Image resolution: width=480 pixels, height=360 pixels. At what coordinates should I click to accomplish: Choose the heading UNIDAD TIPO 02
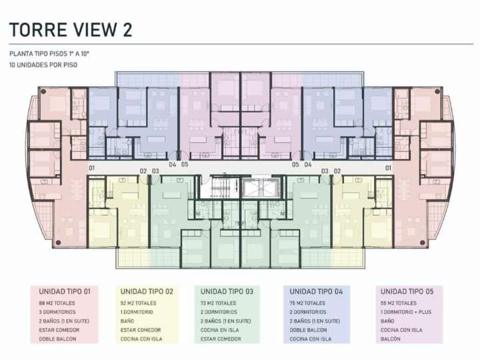point(147,292)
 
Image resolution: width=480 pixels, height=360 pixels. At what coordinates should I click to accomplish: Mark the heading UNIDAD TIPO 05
point(407,292)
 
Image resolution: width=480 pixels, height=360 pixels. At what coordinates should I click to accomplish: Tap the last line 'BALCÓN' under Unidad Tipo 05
point(390,339)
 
